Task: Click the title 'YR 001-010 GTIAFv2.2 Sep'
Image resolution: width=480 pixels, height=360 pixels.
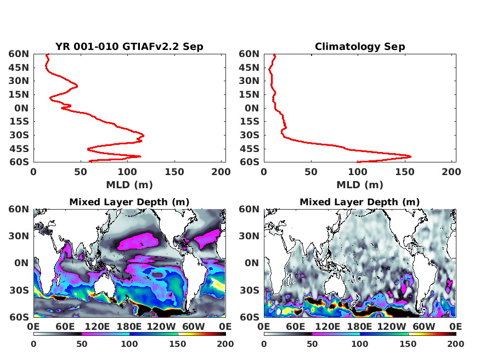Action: pos(129,47)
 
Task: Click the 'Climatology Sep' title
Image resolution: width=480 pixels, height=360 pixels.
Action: pos(360,47)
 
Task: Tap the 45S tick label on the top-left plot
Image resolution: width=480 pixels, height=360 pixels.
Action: pos(19,149)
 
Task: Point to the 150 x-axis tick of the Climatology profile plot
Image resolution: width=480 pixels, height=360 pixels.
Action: pos(405,172)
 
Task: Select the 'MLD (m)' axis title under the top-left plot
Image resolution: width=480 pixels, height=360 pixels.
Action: pos(129,185)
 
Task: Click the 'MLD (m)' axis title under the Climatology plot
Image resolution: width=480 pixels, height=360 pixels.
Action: pos(360,185)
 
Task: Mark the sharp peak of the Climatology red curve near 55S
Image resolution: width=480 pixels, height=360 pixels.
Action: pos(410,156)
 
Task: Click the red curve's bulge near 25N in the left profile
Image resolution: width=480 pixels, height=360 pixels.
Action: pos(77,86)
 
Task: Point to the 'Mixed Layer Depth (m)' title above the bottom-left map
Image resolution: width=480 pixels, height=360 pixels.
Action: pos(129,202)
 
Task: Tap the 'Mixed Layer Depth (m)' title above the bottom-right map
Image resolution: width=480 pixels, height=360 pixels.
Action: pos(360,202)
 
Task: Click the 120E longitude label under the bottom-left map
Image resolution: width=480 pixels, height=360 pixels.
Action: pos(97,327)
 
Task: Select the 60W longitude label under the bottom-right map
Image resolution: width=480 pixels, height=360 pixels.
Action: pos(423,327)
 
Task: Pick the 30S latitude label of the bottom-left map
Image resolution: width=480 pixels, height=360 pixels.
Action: pos(19,290)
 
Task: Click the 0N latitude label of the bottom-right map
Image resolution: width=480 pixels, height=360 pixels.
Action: pos(252,263)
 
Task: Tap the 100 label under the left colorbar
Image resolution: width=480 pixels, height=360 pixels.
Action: pos(129,344)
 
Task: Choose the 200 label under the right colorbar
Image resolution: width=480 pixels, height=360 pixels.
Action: pos(456,344)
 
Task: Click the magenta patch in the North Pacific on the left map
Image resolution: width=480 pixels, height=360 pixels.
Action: pos(138,241)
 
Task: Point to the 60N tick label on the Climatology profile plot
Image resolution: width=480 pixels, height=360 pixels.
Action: pos(249,54)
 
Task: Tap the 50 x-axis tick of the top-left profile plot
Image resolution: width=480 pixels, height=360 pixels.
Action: pos(81,172)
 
